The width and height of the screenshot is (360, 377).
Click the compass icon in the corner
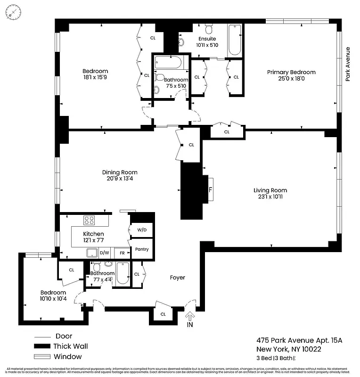tap(13, 12)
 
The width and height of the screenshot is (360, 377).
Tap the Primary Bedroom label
tap(291, 72)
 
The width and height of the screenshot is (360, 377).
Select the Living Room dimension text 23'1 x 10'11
tap(270, 197)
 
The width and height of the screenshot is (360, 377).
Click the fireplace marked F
tap(210, 190)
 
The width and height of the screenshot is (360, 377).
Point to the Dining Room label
tap(120, 172)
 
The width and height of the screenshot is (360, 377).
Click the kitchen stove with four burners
tap(90, 220)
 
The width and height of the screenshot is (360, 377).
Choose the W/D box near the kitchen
tap(142, 230)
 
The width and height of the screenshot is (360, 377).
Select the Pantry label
tap(142, 249)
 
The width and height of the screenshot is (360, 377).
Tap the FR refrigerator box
tap(122, 253)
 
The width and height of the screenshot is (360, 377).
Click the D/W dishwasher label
tap(104, 253)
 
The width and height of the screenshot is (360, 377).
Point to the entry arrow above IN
tap(190, 315)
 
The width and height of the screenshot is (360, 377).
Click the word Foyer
tap(178, 278)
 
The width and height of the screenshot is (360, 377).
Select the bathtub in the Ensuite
tap(234, 40)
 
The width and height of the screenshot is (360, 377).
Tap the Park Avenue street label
tap(348, 64)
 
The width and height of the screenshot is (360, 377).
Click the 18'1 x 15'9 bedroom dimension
tap(95, 78)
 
